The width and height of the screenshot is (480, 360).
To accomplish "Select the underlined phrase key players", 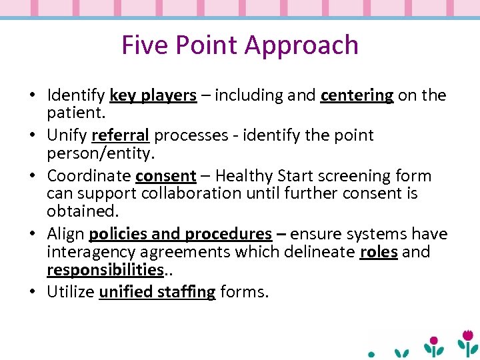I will pyautogui.click(x=153, y=95).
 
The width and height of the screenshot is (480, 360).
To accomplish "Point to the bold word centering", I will pyautogui.click(x=357, y=95).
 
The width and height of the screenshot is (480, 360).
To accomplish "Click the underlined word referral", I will pyautogui.click(x=120, y=135).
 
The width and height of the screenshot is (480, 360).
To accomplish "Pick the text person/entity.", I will pyautogui.click(x=100, y=153).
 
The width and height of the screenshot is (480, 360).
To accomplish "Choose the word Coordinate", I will pyautogui.click(x=88, y=176).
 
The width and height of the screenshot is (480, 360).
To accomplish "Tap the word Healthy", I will pyautogui.click(x=255, y=176).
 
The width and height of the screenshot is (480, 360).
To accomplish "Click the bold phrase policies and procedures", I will pyautogui.click(x=180, y=234).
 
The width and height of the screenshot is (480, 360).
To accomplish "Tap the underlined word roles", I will pyautogui.click(x=378, y=251).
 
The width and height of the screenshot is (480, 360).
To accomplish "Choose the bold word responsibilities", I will pyautogui.click(x=105, y=269).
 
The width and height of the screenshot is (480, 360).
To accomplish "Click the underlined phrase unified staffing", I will pyautogui.click(x=157, y=292).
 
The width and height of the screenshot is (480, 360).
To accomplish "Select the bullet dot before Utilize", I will pyautogui.click(x=33, y=292).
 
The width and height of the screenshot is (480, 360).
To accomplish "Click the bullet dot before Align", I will pyautogui.click(x=33, y=234).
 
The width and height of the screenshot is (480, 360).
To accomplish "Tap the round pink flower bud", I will pyautogui.click(x=433, y=341).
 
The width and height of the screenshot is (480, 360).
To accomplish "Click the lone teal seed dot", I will pyautogui.click(x=372, y=354).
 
